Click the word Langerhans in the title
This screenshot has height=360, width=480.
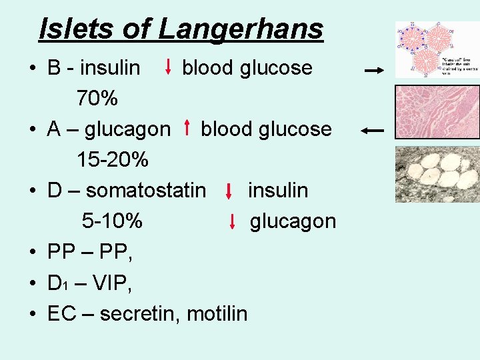point(241,29)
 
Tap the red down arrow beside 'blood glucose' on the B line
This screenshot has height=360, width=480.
point(168,67)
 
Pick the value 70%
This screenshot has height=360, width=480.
point(97,99)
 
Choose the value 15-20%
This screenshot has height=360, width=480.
point(112,161)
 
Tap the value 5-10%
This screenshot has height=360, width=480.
point(111,221)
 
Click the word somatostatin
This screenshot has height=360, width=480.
point(146,191)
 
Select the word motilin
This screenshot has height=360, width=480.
point(217,313)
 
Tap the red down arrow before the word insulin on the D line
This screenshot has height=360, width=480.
point(229,191)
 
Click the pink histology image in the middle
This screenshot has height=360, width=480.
point(437,112)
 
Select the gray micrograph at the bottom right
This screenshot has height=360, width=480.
point(437,173)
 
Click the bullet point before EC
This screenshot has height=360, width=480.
point(33,314)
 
